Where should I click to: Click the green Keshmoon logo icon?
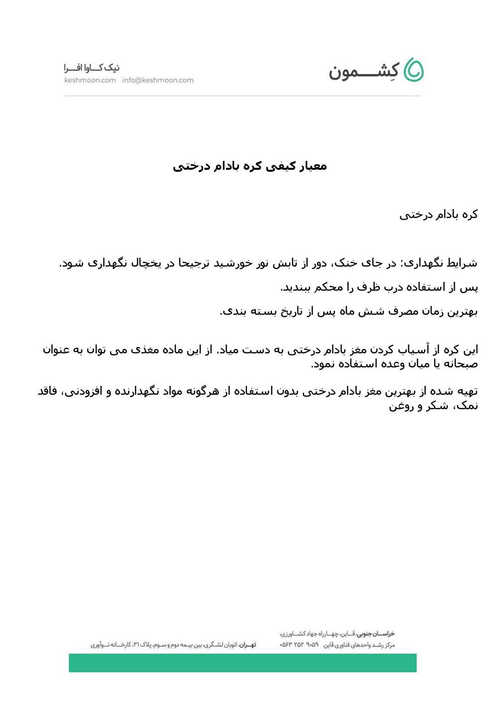tap(413, 70)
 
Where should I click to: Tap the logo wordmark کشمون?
tap(364, 72)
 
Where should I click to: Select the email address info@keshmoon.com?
tap(158, 80)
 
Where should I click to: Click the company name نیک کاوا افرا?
tap(92, 67)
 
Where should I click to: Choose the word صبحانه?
tap(459, 364)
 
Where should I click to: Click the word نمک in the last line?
tap(468, 406)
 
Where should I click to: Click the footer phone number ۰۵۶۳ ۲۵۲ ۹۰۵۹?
tap(299, 645)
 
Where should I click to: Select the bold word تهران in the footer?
tap(247, 645)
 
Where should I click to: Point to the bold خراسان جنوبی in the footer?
tap(375, 634)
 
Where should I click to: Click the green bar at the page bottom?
tap(243, 663)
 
